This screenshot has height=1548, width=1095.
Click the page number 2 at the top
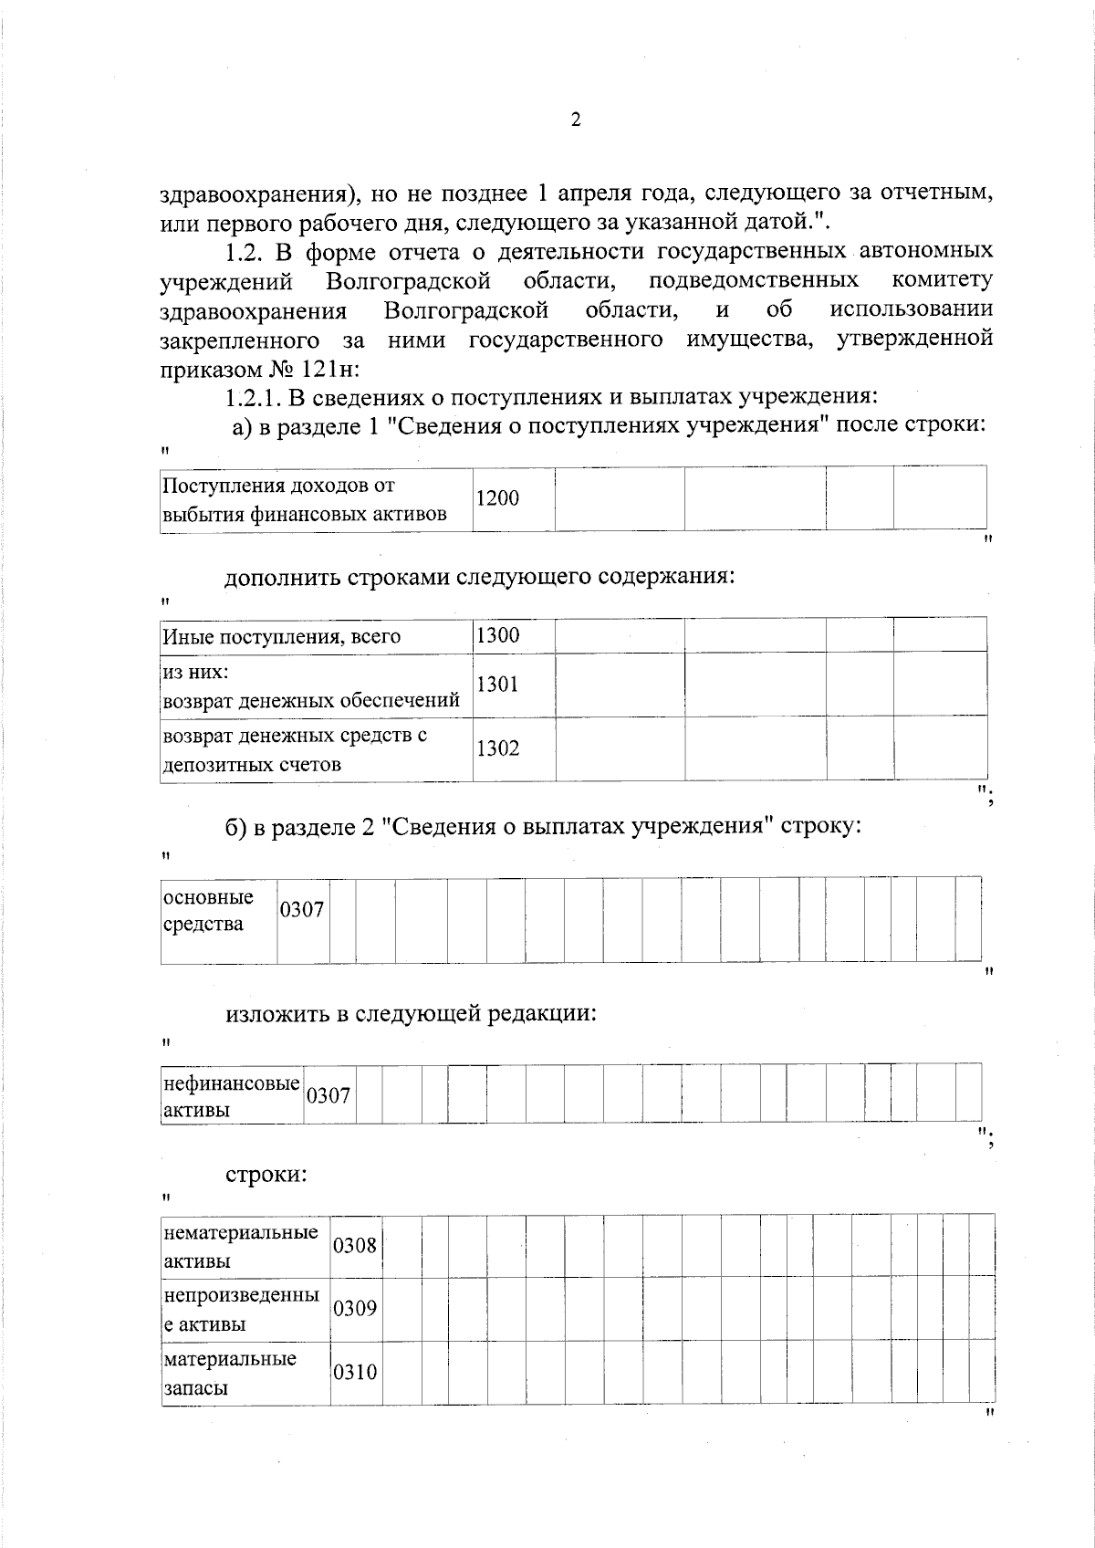575,120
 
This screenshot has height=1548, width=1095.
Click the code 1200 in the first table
497,498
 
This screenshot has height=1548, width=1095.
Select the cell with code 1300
497,635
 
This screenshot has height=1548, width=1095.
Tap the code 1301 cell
497,684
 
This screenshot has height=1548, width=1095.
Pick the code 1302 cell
497,748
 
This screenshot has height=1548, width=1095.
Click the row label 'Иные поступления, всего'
281,636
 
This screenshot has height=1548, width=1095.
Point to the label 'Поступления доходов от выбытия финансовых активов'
305,499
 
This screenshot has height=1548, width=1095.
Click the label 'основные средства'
208,910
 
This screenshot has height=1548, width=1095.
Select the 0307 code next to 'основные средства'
302,910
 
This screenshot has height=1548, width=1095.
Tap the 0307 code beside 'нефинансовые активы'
328,1095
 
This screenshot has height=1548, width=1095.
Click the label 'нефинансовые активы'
231,1096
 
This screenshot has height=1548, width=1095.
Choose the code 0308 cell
355,1245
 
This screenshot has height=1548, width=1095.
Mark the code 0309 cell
355,1309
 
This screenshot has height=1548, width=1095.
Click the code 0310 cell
355,1372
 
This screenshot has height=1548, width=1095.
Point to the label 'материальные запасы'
230,1373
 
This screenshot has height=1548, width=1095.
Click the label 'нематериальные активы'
241,1246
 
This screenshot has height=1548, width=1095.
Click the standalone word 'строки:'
266,1174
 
